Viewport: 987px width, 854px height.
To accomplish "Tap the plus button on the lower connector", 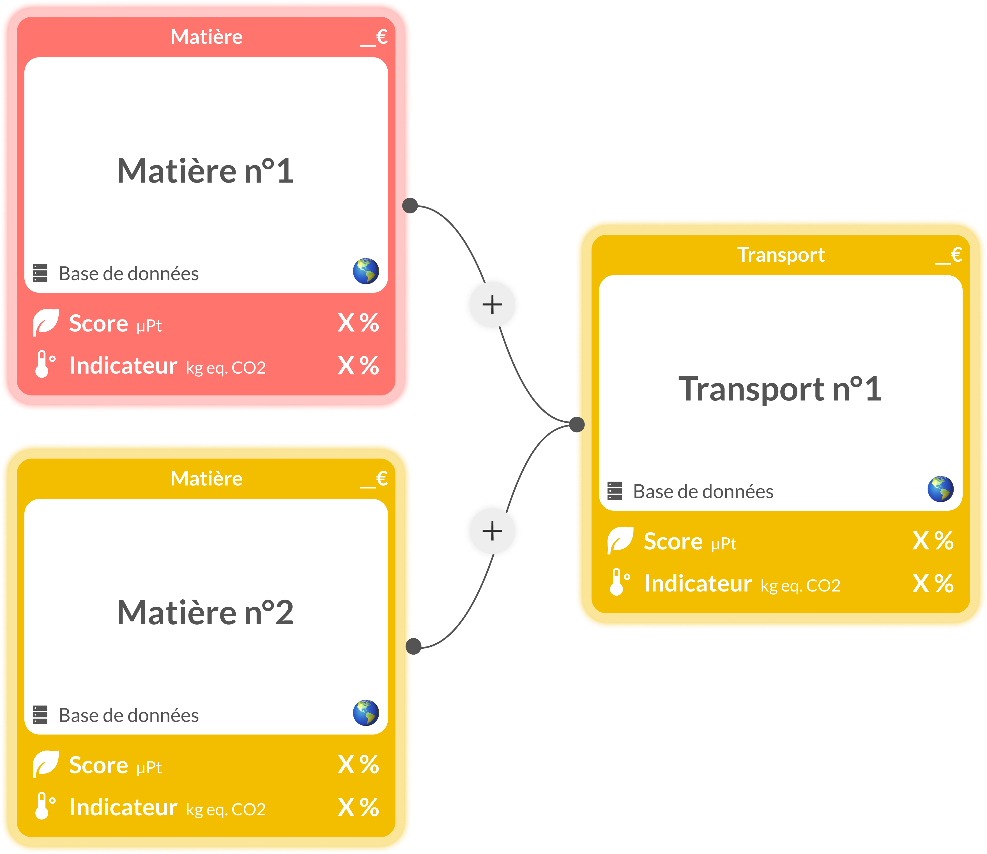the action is click(492, 531).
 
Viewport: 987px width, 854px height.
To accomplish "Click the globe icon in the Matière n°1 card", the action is click(366, 271).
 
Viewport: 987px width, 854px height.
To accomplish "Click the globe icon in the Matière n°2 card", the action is click(366, 713).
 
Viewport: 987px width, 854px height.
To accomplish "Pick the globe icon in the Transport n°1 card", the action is click(941, 489).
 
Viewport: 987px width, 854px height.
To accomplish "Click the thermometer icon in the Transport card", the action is click(619, 582).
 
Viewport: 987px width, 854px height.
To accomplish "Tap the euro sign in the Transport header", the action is click(956, 255).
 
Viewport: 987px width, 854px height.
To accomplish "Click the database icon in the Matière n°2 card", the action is click(40, 715).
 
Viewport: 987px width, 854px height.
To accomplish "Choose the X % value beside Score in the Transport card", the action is click(933, 541).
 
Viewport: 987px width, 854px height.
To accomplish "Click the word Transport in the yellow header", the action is click(781, 255).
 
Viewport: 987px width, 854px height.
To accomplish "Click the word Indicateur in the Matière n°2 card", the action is click(123, 807).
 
